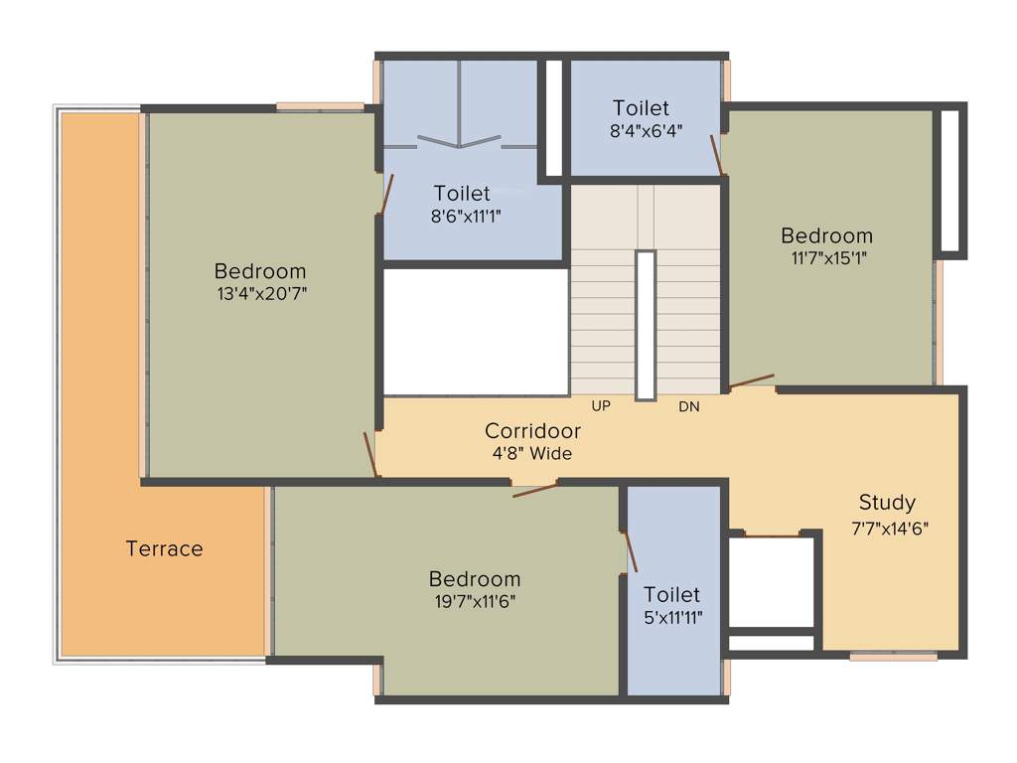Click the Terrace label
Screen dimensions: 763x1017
(x=164, y=548)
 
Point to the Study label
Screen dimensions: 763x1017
(x=887, y=502)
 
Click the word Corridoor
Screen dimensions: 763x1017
(x=532, y=431)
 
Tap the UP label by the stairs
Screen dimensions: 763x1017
(x=601, y=406)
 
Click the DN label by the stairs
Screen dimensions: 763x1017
(x=689, y=406)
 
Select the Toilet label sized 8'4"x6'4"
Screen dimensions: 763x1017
(x=641, y=107)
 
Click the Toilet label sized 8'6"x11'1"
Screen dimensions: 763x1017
(x=462, y=193)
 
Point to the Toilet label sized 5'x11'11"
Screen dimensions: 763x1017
(x=671, y=594)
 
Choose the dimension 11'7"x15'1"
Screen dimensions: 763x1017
(x=826, y=257)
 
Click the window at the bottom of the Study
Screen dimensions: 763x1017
(x=893, y=655)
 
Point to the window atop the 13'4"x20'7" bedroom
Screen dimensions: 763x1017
(x=320, y=106)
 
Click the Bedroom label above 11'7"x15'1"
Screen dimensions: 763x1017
(x=826, y=235)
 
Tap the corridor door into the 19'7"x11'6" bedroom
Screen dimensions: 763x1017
(x=534, y=487)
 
